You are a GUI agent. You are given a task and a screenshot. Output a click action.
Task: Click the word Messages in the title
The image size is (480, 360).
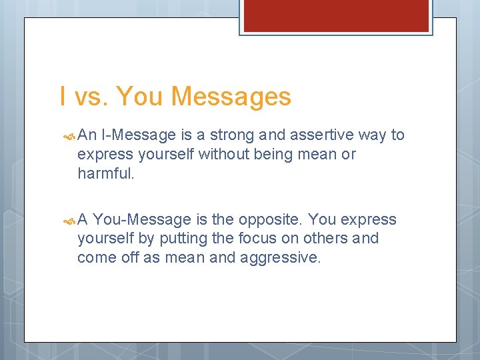[231, 97]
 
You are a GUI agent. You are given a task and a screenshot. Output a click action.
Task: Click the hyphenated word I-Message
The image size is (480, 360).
[139, 135]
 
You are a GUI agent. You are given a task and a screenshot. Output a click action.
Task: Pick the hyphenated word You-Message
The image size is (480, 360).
[141, 220]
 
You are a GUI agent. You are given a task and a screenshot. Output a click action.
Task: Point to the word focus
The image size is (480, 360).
[249, 239]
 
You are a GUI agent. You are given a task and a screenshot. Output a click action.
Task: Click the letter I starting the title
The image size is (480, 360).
[63, 97]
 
